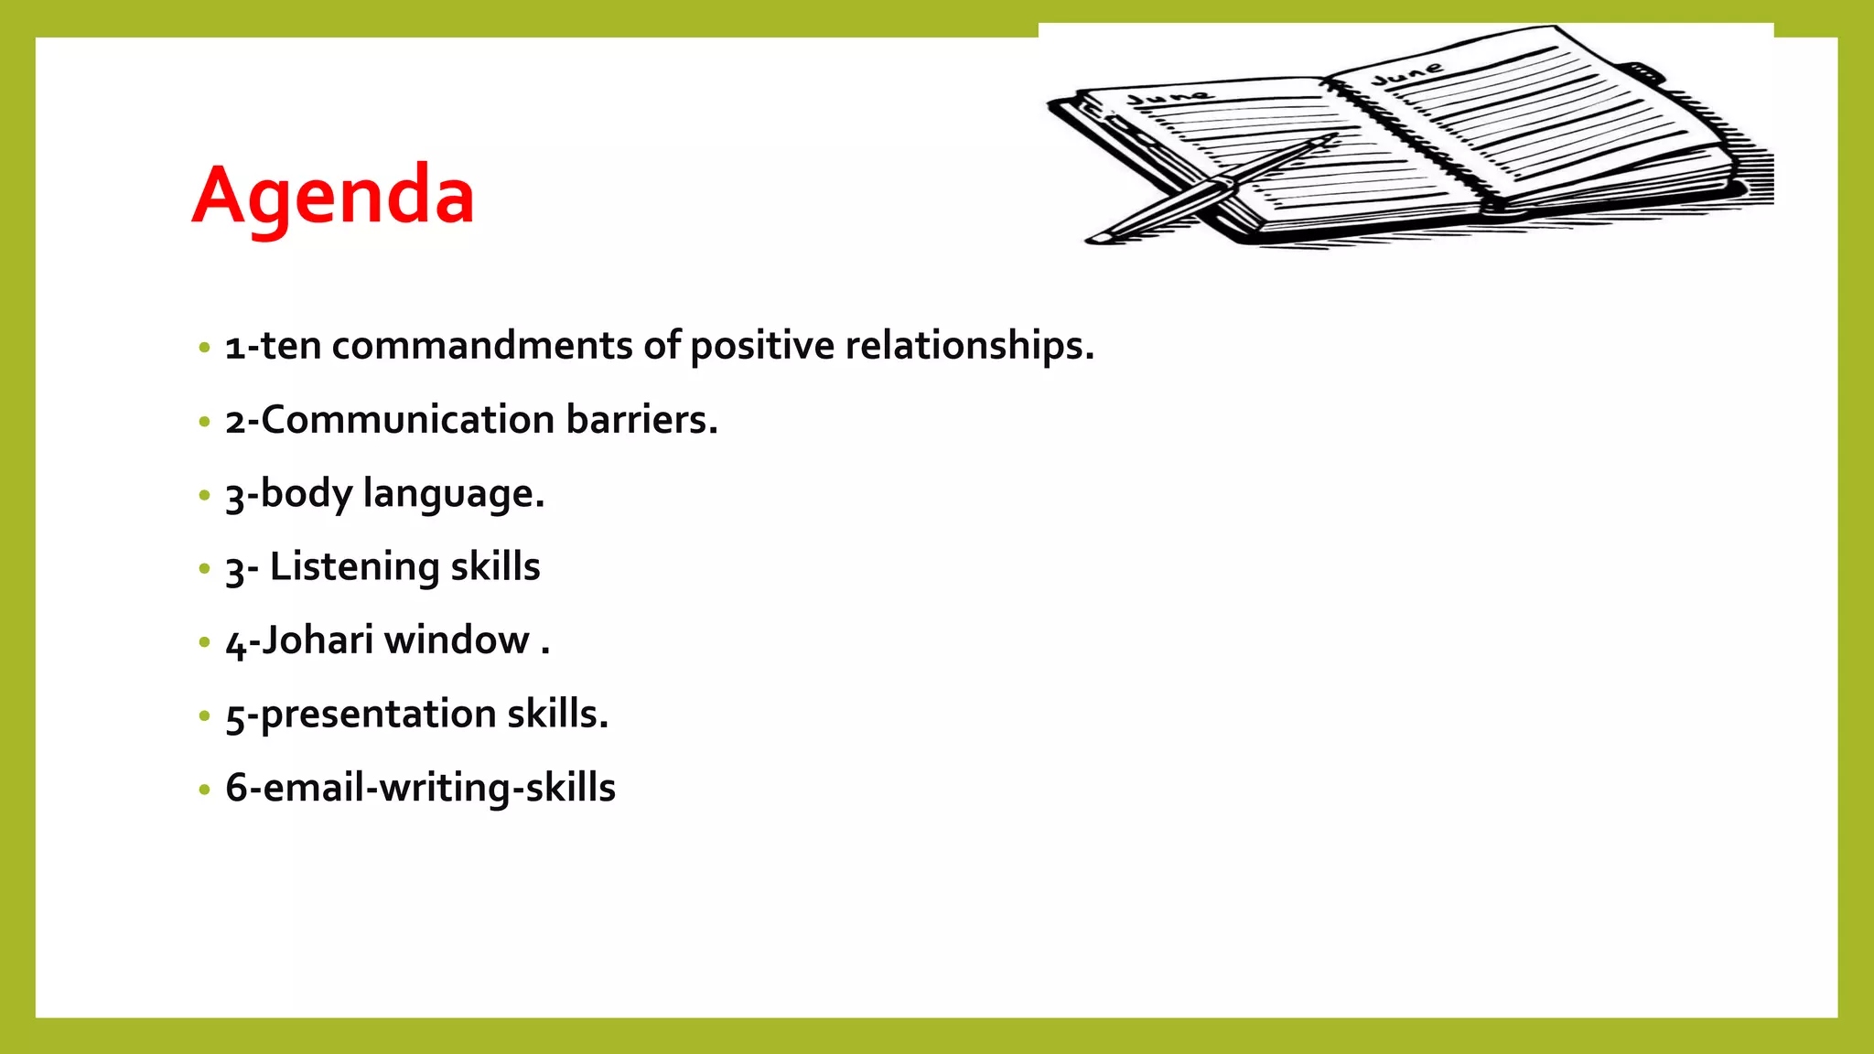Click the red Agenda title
pos(333,197)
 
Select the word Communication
pos(408,420)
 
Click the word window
pos(457,640)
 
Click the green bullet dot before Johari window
pos(204,642)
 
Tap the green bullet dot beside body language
pos(204,495)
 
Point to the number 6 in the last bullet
pos(236,788)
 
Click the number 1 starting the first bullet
pos(234,348)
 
